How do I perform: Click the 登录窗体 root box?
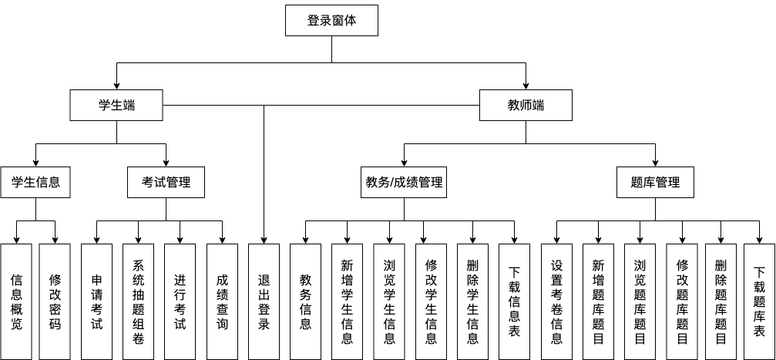(x=331, y=21)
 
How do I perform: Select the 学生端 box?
(x=116, y=106)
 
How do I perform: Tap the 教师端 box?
(x=526, y=106)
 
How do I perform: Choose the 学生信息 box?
(x=35, y=183)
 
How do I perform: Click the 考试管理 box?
(x=166, y=183)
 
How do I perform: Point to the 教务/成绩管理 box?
(x=404, y=183)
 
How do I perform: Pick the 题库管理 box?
(x=655, y=183)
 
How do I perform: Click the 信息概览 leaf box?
(x=16, y=301)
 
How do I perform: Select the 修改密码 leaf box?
(x=55, y=301)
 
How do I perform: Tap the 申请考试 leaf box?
(x=96, y=301)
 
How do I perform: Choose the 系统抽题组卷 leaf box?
(x=138, y=301)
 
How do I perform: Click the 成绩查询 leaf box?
(x=222, y=301)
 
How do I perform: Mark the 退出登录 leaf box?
(x=264, y=301)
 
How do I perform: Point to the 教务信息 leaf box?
(x=305, y=301)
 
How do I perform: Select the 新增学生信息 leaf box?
(x=347, y=301)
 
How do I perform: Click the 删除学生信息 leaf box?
(x=472, y=301)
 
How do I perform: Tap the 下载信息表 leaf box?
(x=514, y=301)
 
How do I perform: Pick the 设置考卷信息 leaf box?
(x=556, y=301)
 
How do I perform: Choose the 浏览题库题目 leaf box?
(x=640, y=301)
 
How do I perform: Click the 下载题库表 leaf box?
(x=759, y=301)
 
